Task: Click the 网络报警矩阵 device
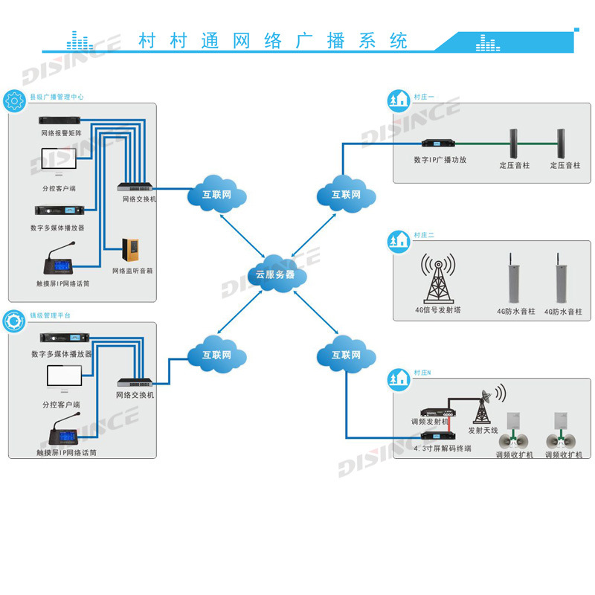coord(62,121)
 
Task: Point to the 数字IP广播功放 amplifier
coord(439,143)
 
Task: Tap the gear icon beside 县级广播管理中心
coord(14,100)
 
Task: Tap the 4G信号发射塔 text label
coord(438,309)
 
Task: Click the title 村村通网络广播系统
coord(273,40)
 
